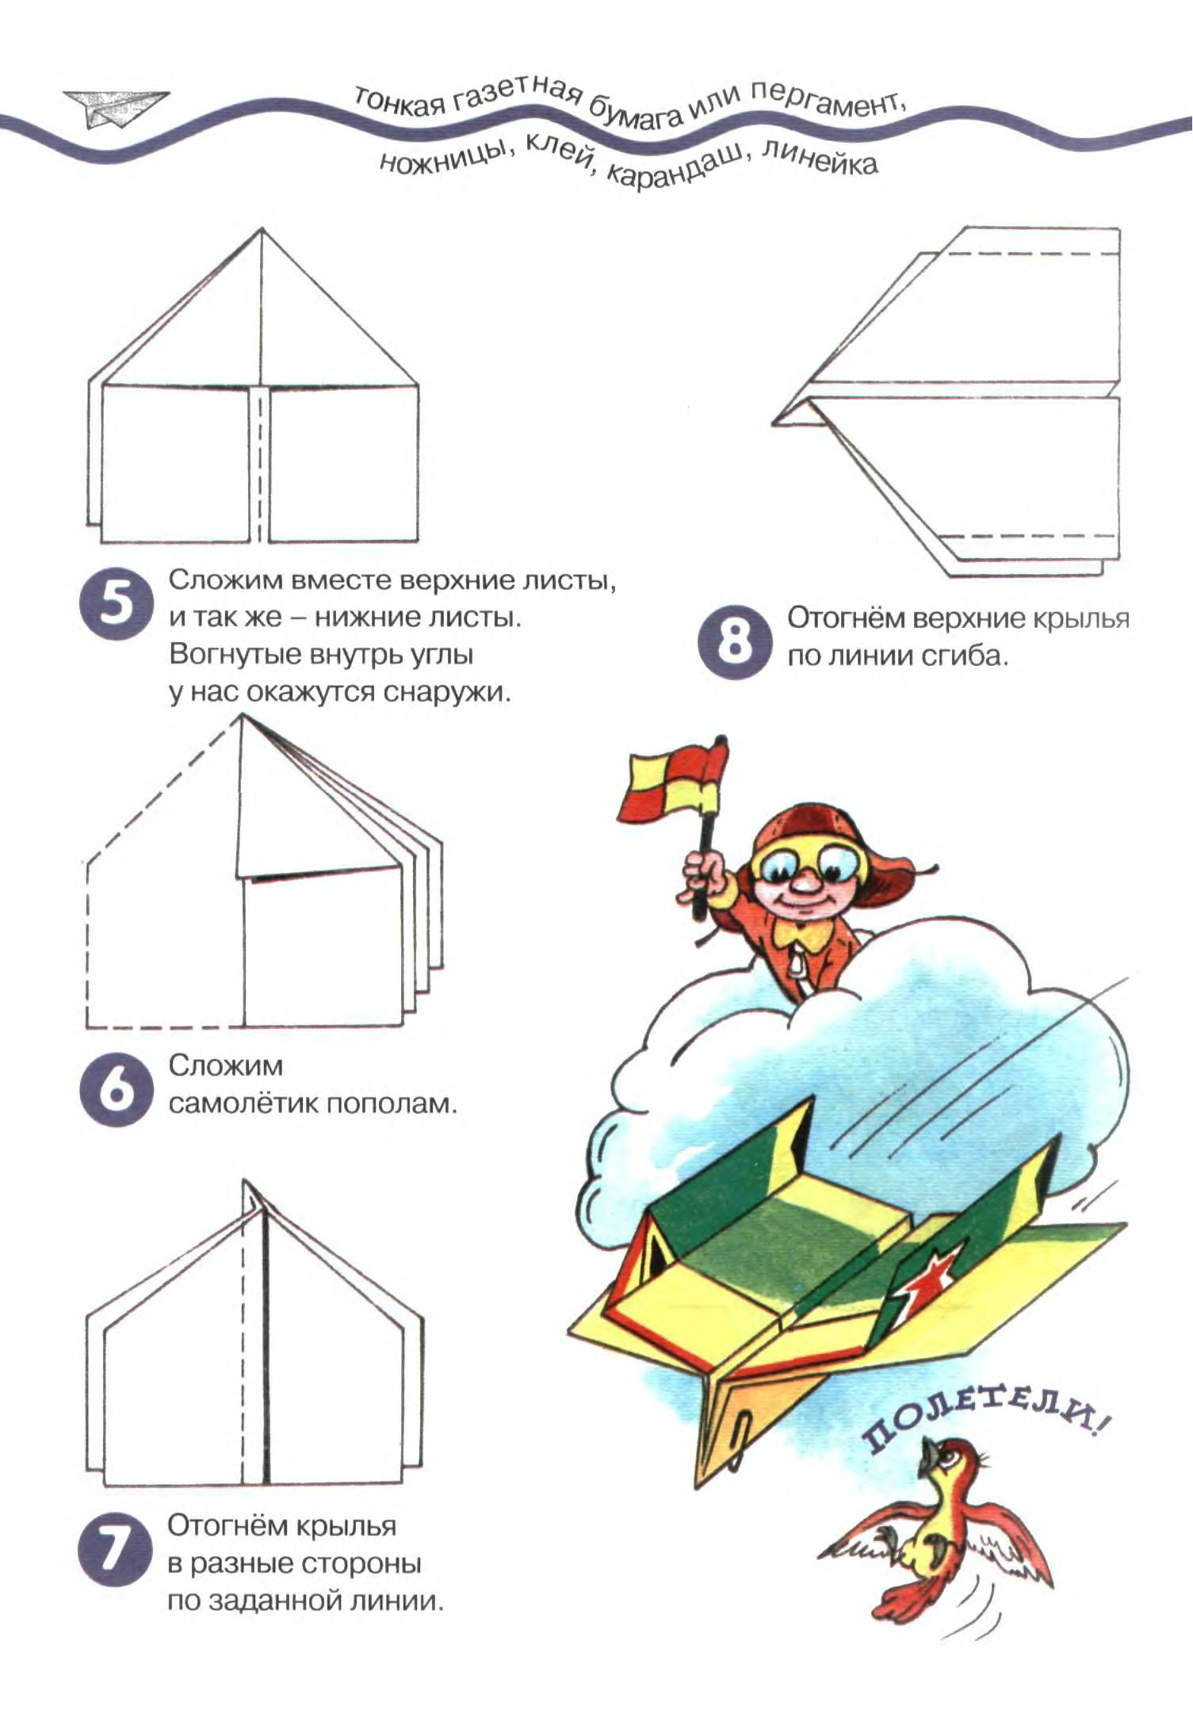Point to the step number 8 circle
tap(734, 642)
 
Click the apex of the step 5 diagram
tap(262, 229)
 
